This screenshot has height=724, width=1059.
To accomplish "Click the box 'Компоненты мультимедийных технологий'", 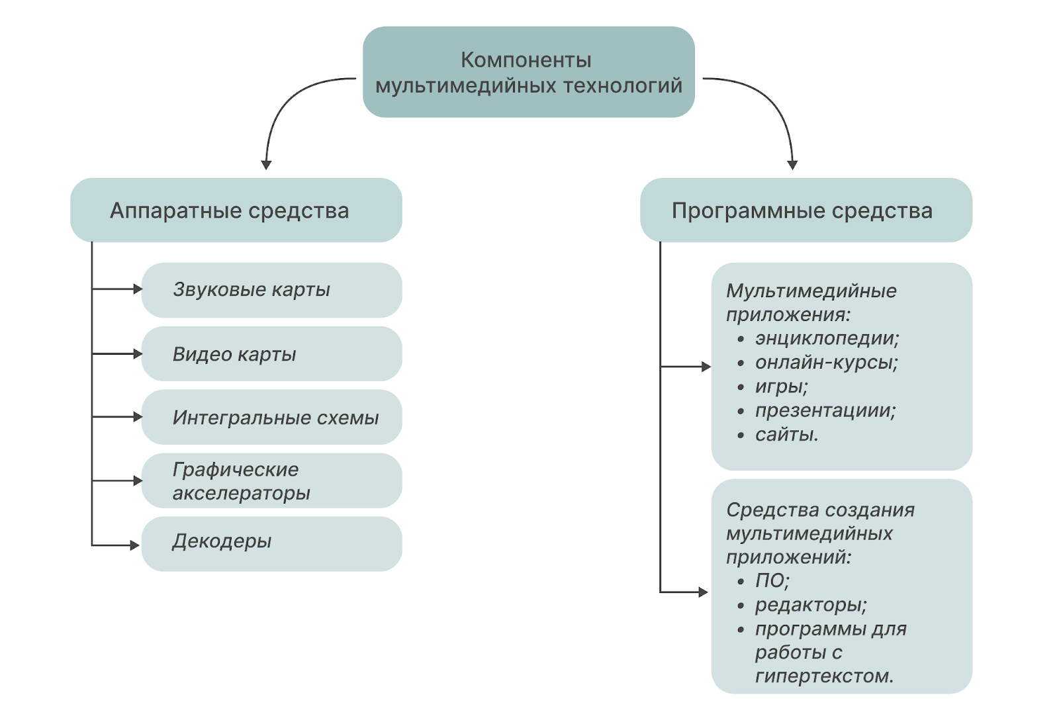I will coord(528,72).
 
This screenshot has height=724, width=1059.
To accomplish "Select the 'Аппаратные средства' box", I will coord(236,210).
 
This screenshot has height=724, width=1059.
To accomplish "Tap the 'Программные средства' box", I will coord(806,210).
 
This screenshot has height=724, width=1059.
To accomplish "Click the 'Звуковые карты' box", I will coord(271,290).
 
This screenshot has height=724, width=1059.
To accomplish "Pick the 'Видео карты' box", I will coord(271,354).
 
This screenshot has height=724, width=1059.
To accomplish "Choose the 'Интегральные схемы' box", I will coord(271,418).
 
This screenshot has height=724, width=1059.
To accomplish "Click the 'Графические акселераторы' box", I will coord(271,481).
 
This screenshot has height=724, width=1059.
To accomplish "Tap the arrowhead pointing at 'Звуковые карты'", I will coord(138,289).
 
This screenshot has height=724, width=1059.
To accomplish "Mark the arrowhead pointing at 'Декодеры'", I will coord(135,545).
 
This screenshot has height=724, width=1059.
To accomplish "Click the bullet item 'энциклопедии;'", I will coord(827,338).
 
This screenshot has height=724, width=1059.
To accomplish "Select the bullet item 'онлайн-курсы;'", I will coord(826,363).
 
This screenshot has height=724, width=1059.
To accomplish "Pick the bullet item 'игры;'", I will coord(781,386).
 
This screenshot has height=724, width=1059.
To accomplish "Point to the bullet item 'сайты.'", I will coord(786,435).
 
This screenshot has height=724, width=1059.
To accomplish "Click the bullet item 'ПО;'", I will coord(772,581).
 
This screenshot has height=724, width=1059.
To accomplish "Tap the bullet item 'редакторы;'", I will coord(810,605).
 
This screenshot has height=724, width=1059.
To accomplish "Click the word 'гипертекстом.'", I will coord(824,676).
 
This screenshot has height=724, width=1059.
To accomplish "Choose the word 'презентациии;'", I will coord(825,410).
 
